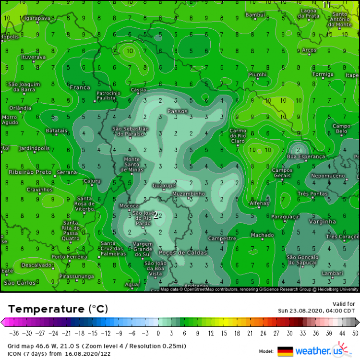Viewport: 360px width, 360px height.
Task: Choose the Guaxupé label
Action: click(x=164, y=185)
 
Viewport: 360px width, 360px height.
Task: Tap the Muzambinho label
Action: click(x=189, y=194)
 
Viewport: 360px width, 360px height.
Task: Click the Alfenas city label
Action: click(x=259, y=204)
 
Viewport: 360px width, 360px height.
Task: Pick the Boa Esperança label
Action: click(x=306, y=156)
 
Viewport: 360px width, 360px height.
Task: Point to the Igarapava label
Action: click(x=38, y=18)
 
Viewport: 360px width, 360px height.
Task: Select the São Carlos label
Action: click(x=20, y=283)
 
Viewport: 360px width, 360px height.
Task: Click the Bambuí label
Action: click(x=255, y=15)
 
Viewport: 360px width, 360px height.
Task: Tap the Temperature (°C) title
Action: click(x=58, y=308)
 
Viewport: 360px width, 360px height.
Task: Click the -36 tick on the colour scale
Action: click(x=14, y=333)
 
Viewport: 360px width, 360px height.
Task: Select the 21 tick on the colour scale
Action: click(x=250, y=333)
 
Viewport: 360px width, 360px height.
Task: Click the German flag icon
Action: click(x=285, y=351)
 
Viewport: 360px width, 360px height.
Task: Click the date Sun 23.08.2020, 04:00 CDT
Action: click(x=316, y=311)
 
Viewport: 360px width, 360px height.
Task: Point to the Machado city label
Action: click(x=262, y=235)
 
